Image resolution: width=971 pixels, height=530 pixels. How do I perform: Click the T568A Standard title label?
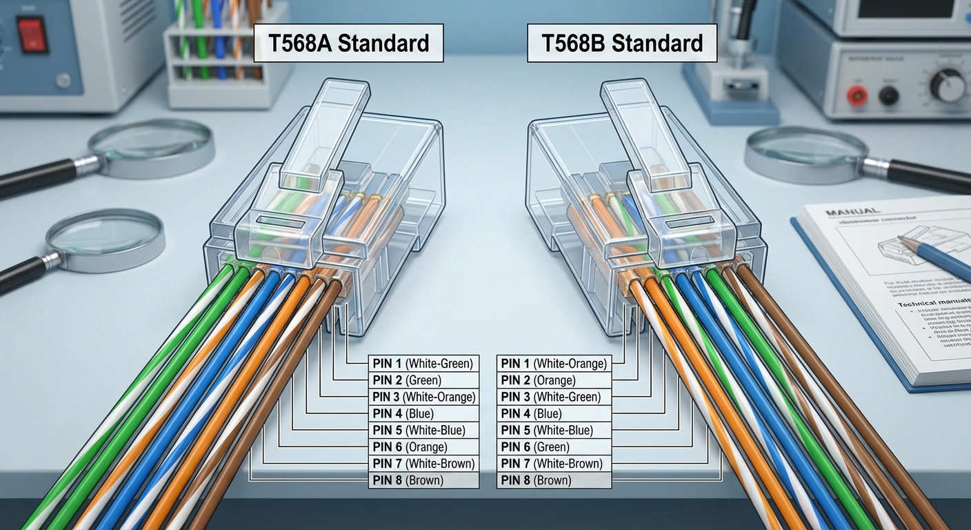pos(348,43)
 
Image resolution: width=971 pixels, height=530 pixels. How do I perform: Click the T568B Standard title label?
pos(621,43)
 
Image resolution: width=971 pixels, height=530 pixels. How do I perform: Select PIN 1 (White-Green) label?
pos(423,364)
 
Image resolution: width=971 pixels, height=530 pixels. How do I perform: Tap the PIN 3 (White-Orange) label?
pos(423,397)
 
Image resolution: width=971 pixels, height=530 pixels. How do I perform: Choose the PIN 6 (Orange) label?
pos(423,447)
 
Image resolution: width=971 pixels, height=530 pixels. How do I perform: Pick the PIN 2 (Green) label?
pos(423,380)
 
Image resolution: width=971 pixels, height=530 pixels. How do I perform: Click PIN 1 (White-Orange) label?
pos(554,364)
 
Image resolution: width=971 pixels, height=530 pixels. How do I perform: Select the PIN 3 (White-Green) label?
pos(554,397)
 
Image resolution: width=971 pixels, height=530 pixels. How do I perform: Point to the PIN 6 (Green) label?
pos(554,447)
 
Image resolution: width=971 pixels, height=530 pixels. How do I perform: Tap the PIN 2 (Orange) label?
pos(554,380)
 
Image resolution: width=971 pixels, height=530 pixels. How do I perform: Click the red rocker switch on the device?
pos(32,35)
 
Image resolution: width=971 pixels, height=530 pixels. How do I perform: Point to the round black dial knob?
pos(948,86)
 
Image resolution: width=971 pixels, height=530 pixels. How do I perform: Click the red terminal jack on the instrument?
pos(857,96)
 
